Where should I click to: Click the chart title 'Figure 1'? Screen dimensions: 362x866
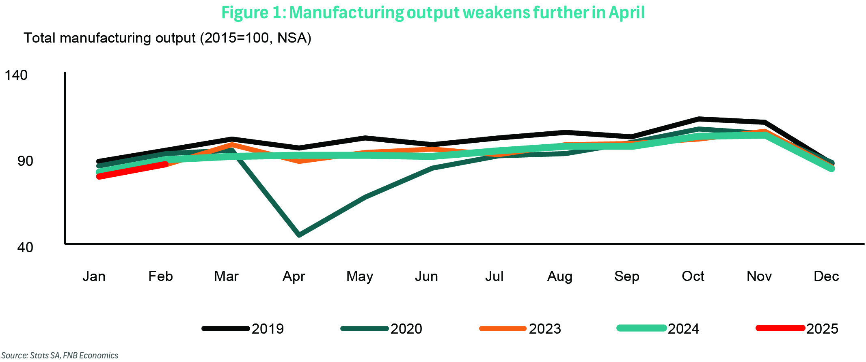coord(433,13)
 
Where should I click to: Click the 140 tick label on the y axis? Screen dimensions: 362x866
coord(16,75)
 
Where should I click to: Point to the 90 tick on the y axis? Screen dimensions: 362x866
coord(25,161)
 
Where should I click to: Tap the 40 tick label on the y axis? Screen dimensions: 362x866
coord(25,247)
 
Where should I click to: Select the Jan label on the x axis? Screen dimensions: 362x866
coord(94,276)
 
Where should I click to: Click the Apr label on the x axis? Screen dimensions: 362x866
coord(294,276)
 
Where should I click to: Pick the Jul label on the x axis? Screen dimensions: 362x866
coord(494,276)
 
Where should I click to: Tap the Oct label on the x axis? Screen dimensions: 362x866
coord(693,276)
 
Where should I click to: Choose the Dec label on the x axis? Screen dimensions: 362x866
coord(826,276)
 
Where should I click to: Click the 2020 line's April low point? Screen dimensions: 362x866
coord(299,235)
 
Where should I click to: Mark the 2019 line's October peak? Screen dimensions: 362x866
coord(699,119)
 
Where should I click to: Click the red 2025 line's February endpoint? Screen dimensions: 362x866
coord(165,164)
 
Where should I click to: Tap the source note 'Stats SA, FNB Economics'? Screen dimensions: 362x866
coord(60,356)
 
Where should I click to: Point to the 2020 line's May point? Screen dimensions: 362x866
coord(366,197)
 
